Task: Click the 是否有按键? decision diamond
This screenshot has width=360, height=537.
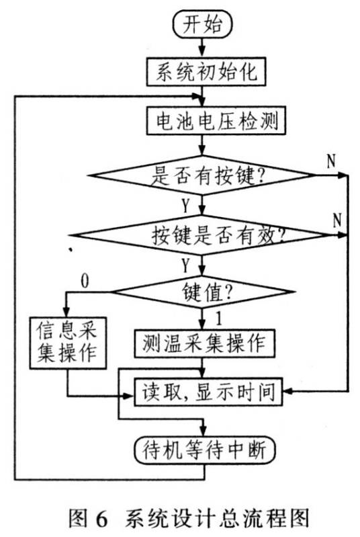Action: click(202, 176)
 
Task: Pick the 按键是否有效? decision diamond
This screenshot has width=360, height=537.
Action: click(202, 236)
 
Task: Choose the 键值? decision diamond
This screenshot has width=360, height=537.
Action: click(202, 292)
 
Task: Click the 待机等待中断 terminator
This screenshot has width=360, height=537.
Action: click(202, 447)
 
